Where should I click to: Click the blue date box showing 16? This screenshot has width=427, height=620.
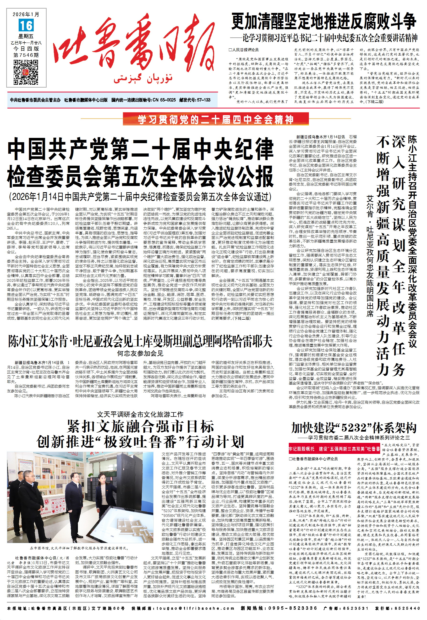(x=26, y=25)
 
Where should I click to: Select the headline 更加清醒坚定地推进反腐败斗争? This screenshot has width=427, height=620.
(x=324, y=22)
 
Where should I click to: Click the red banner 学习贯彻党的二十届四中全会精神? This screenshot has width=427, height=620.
(x=216, y=119)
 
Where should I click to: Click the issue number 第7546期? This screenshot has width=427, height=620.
(x=26, y=55)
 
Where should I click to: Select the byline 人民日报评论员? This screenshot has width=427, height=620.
(x=243, y=50)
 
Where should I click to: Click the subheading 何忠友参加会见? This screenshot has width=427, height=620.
(x=140, y=353)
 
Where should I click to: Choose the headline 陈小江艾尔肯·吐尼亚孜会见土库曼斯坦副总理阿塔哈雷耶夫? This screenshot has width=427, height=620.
(x=140, y=341)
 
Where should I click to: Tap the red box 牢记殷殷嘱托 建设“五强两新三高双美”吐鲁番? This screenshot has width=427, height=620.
(x=334, y=449)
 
